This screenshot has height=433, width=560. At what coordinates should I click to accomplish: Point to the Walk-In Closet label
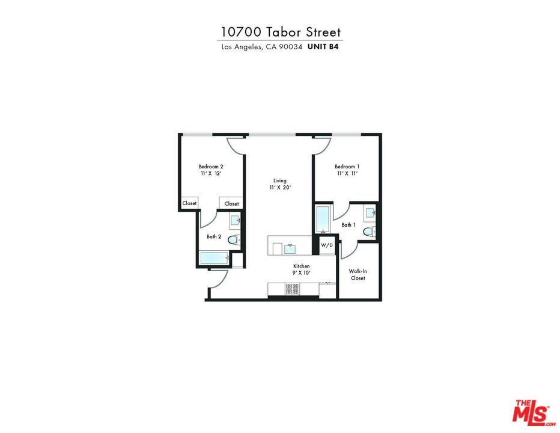(x=358, y=274)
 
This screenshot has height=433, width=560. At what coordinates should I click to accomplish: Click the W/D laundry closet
(x=326, y=245)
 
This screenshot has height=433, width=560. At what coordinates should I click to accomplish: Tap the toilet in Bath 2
(x=234, y=240)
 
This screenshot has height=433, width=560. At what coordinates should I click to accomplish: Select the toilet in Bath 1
(x=369, y=232)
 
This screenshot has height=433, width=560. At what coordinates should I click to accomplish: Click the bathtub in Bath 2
(x=215, y=259)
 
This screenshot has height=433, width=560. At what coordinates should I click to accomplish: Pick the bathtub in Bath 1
(x=322, y=220)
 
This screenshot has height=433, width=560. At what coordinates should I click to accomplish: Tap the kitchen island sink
(x=290, y=247)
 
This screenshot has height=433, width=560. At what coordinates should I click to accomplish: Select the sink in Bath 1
(x=370, y=213)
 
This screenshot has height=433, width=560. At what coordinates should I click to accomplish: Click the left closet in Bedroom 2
(x=189, y=203)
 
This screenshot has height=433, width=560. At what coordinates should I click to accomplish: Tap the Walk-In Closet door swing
(x=350, y=249)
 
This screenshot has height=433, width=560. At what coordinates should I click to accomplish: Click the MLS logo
(x=532, y=412)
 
